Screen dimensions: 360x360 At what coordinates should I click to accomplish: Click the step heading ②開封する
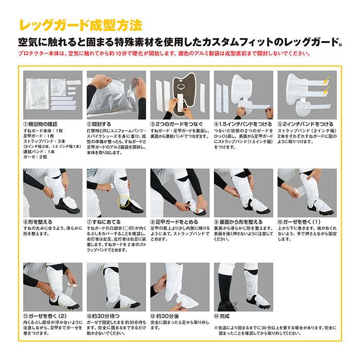[101, 123]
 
